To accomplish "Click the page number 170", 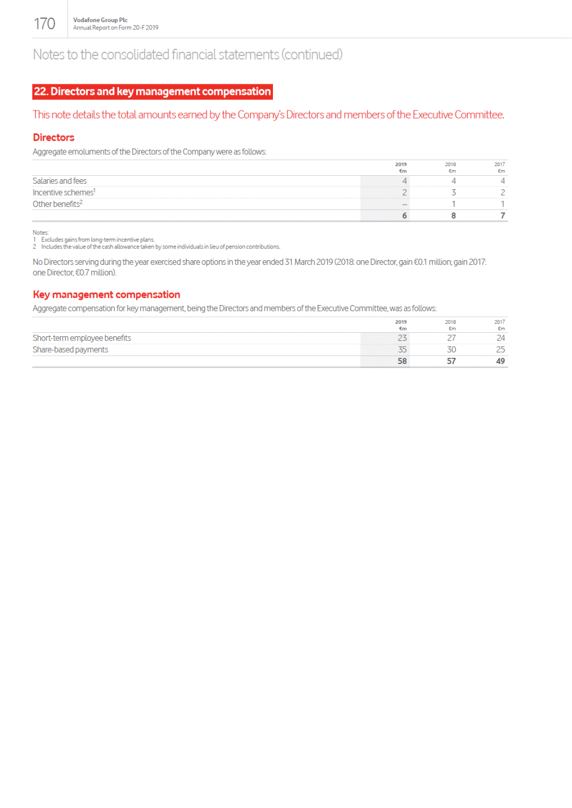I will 44,24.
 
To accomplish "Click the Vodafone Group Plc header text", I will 100,20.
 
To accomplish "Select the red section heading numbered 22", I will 152,92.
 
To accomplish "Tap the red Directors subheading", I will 53,138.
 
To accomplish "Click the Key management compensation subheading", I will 106,295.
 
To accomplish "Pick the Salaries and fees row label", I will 60,181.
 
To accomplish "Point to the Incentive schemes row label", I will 64,193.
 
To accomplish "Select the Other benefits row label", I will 57,204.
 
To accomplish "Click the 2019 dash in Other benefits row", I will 404,204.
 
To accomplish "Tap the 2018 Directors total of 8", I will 453,216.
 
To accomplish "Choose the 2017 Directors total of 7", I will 502,216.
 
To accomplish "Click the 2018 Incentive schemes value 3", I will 453,193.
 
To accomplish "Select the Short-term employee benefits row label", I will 82,338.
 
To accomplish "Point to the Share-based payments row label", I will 70,350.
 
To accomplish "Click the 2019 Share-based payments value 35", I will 402,350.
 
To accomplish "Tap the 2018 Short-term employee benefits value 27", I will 451,338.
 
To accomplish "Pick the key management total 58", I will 402,361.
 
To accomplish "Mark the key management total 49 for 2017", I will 500,361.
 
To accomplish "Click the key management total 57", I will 451,361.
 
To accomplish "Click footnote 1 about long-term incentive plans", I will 97,240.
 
